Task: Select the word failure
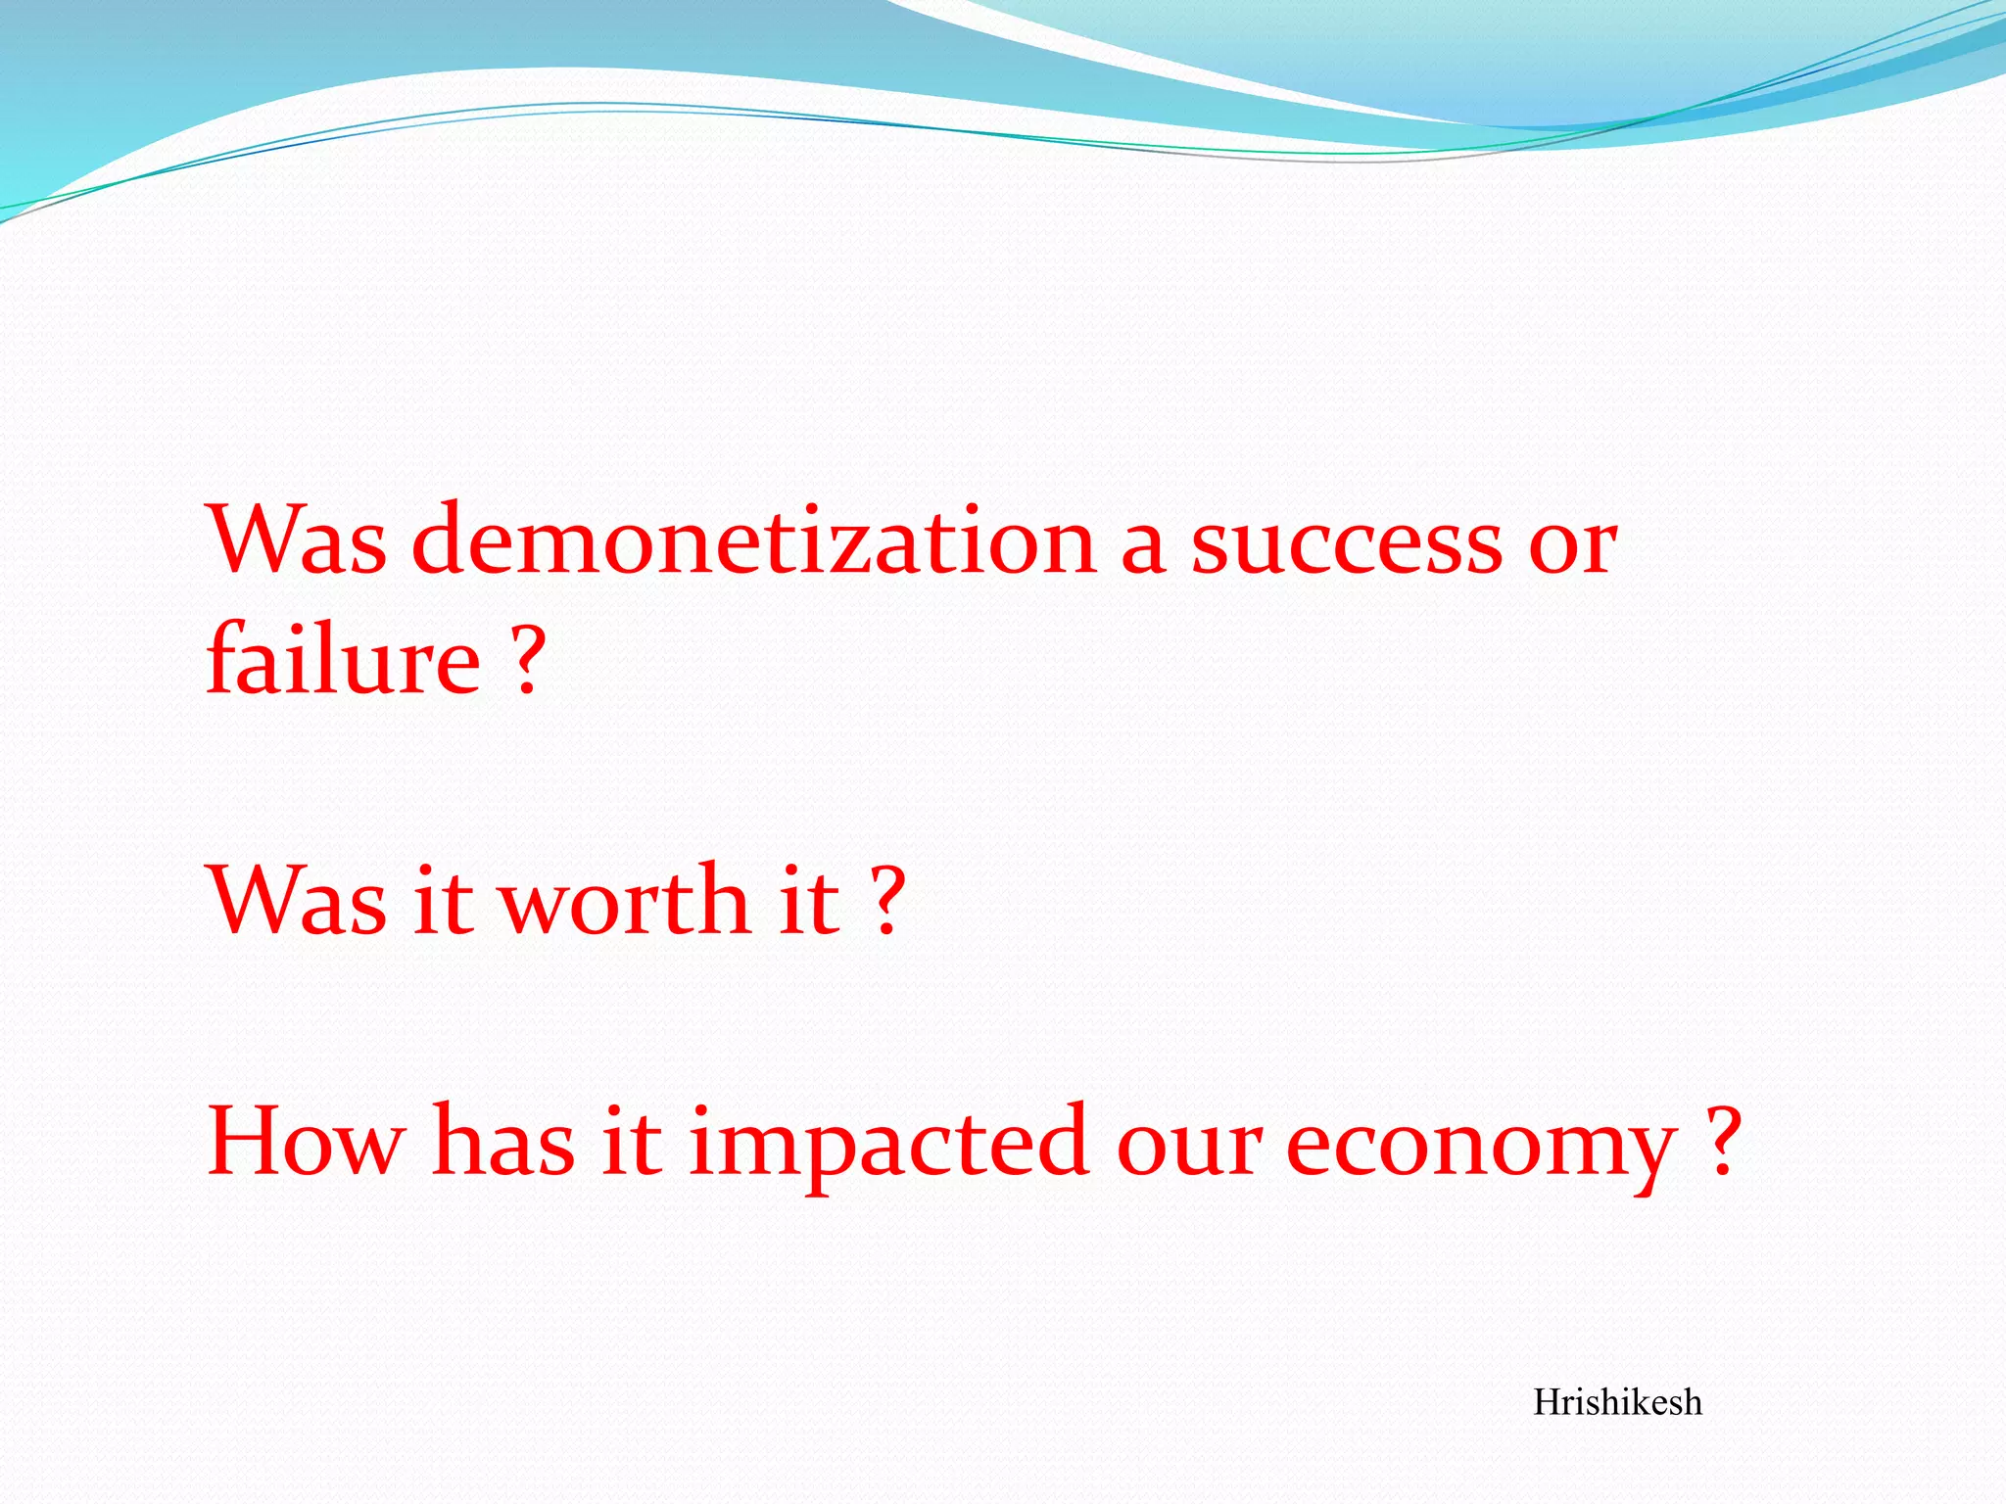tap(343, 660)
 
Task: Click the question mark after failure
tap(526, 660)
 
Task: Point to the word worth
tap(624, 901)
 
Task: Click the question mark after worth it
tap(887, 901)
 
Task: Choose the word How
tap(306, 1142)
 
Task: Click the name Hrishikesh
tap(1617, 1403)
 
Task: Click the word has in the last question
tap(503, 1142)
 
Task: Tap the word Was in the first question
tap(297, 540)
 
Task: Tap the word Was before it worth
tap(297, 901)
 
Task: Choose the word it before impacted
tap(632, 1142)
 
